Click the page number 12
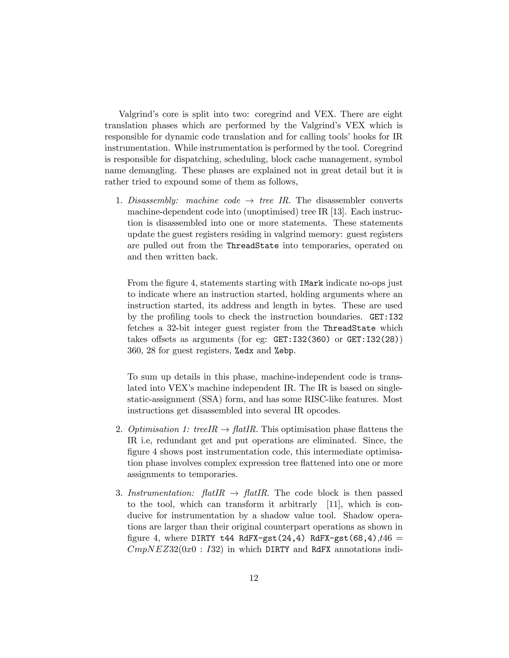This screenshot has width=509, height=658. tap(254, 578)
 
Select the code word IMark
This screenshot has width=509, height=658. tap(311, 283)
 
